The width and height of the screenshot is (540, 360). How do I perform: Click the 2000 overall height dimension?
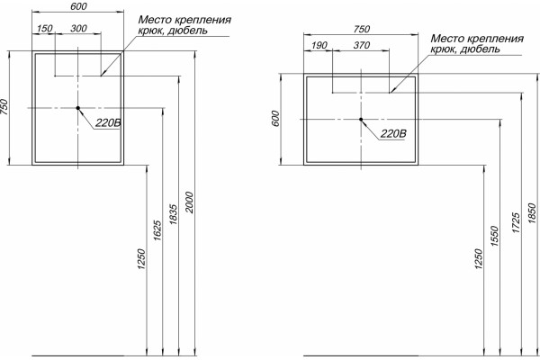coord(189,202)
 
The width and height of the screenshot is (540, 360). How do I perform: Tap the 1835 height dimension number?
coord(174,215)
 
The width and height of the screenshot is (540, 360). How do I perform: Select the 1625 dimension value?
coord(157,230)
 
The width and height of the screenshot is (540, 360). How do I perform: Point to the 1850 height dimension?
coord(532,213)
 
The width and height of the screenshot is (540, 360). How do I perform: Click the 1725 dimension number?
coord(516,223)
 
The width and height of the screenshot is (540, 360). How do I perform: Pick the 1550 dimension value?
coord(494,236)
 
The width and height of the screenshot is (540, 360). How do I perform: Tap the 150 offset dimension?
coord(45,28)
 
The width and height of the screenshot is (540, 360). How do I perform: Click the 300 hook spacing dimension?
coord(78,28)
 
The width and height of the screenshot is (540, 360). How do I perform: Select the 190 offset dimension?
coord(319,45)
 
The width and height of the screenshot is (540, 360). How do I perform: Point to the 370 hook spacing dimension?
coord(362,45)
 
